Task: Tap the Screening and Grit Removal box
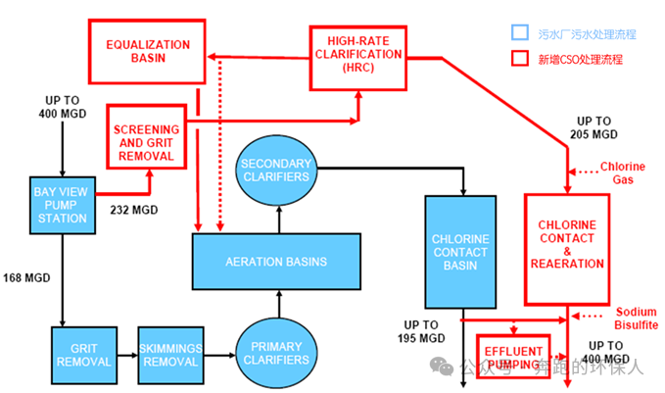pyautogui.click(x=146, y=143)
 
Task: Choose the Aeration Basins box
pyautogui.click(x=277, y=262)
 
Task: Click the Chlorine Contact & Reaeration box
pyautogui.click(x=565, y=248)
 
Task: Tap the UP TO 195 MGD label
pyautogui.click(x=424, y=331)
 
